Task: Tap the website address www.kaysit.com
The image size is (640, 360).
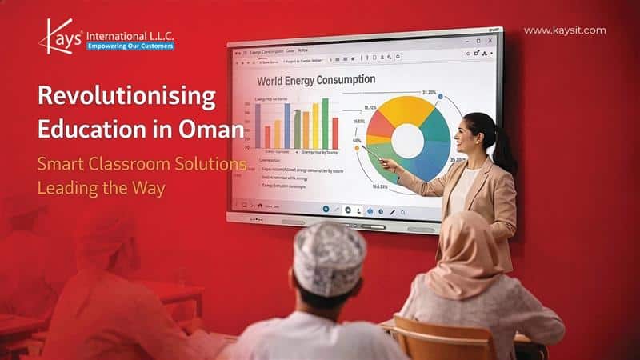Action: pos(564,30)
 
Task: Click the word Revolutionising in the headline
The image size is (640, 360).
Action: pos(127,98)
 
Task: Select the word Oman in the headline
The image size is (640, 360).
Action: pos(215,128)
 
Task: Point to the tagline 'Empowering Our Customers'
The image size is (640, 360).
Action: pos(130,46)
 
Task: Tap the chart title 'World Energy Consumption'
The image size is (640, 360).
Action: pos(316,80)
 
